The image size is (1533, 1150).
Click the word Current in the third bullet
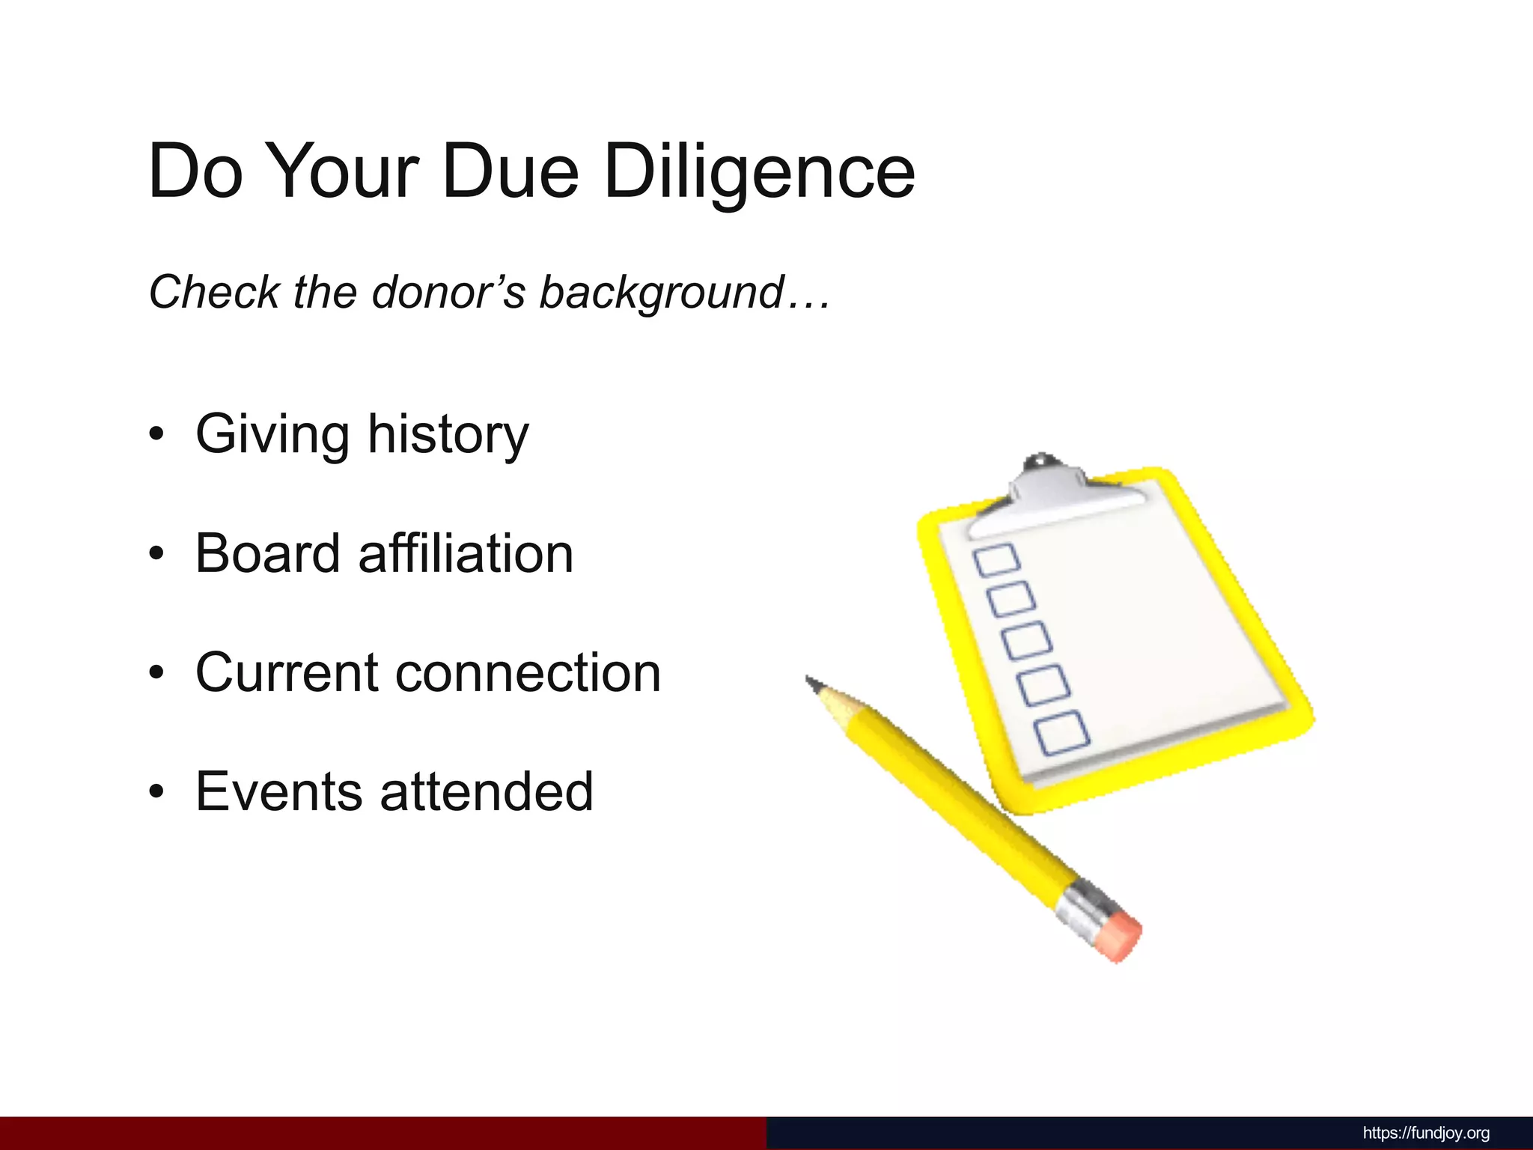click(285, 672)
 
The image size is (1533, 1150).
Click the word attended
click(487, 791)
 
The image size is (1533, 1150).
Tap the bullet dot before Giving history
click(156, 435)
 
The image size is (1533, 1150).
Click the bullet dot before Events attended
click(156, 792)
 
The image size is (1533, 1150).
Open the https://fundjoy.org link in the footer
click(1426, 1133)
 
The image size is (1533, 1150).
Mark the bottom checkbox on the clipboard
click(1061, 731)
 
